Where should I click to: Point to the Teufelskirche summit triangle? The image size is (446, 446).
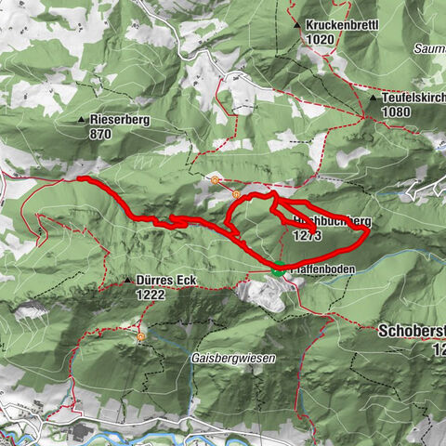tap(373, 98)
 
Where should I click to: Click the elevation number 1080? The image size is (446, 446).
tap(396, 111)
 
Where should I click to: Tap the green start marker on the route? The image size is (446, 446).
tap(278, 271)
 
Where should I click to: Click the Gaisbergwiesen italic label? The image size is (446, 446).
tap(213, 358)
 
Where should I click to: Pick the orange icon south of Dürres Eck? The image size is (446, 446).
tap(141, 337)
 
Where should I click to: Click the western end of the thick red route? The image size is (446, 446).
tap(80, 178)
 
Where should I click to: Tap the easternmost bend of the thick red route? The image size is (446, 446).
tap(368, 231)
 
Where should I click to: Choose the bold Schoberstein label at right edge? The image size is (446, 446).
tap(413, 331)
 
